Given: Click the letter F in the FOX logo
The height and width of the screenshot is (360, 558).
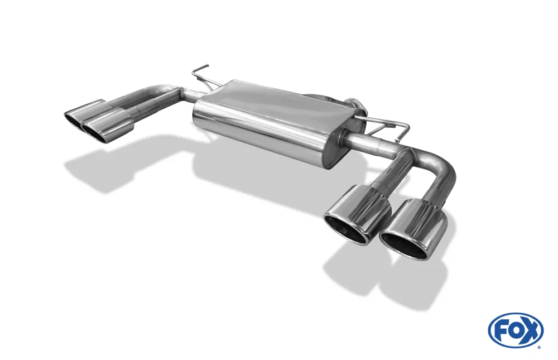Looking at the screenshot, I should point(501,331).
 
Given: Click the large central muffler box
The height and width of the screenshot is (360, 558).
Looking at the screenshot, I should point(262,120).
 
